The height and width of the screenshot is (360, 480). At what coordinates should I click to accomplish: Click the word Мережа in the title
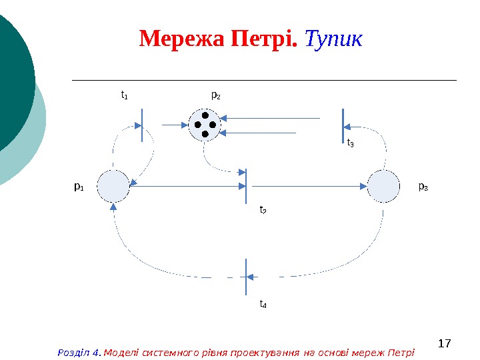pos(182,40)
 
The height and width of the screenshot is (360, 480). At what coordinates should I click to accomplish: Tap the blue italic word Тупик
pos(333,40)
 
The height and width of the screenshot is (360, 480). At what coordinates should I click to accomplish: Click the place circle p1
pos(113,186)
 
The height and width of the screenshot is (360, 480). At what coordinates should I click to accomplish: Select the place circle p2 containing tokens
pos(205,125)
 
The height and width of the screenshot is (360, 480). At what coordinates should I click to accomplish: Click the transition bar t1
pos(142,124)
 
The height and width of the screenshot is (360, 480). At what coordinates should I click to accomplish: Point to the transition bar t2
pos(246,186)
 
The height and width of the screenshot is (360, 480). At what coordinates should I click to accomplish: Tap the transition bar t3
pos(343,125)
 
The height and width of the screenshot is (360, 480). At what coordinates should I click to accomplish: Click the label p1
pos(79,187)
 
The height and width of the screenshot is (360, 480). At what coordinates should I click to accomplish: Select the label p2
pos(216,95)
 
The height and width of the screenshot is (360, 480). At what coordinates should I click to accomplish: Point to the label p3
pos(423,187)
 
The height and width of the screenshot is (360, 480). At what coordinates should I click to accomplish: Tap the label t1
pos(124,95)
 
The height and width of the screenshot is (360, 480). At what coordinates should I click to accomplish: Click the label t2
pos(263,210)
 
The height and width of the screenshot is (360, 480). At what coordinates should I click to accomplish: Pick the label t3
pos(351,142)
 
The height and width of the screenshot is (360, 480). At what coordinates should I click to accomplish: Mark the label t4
pos(263,305)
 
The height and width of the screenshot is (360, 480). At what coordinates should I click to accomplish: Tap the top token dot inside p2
pos(205,115)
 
